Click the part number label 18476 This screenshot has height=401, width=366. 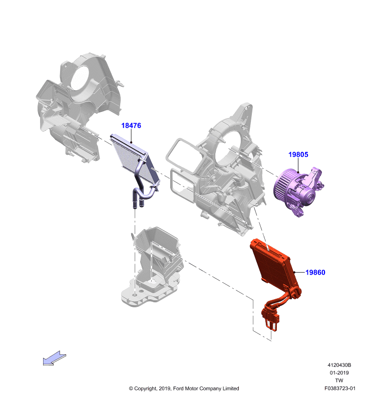[x=131, y=126]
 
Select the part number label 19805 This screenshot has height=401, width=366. [x=298, y=154]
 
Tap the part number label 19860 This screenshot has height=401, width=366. [x=315, y=272]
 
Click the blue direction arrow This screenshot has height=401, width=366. [x=55, y=358]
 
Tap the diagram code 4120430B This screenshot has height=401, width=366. [x=339, y=365]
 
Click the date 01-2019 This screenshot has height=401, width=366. [x=339, y=372]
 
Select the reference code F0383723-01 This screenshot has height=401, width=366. [x=339, y=388]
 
